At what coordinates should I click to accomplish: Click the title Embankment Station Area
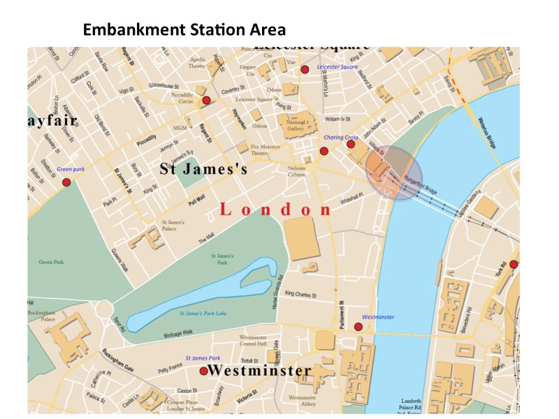click(184, 30)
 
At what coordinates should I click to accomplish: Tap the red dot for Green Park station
click(66, 182)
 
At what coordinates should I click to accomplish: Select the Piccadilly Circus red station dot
click(206, 101)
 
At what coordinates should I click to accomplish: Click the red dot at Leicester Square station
click(305, 69)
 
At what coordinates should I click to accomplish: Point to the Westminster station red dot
click(358, 326)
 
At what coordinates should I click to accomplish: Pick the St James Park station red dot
click(203, 371)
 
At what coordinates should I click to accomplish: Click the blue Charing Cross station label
click(340, 138)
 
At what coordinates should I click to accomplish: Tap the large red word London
click(276, 209)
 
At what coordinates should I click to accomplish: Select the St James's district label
click(204, 169)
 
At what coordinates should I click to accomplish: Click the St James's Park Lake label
click(203, 314)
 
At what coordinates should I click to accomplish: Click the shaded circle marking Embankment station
click(394, 172)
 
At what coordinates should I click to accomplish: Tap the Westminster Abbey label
click(303, 401)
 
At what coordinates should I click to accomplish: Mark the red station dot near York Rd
click(514, 264)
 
